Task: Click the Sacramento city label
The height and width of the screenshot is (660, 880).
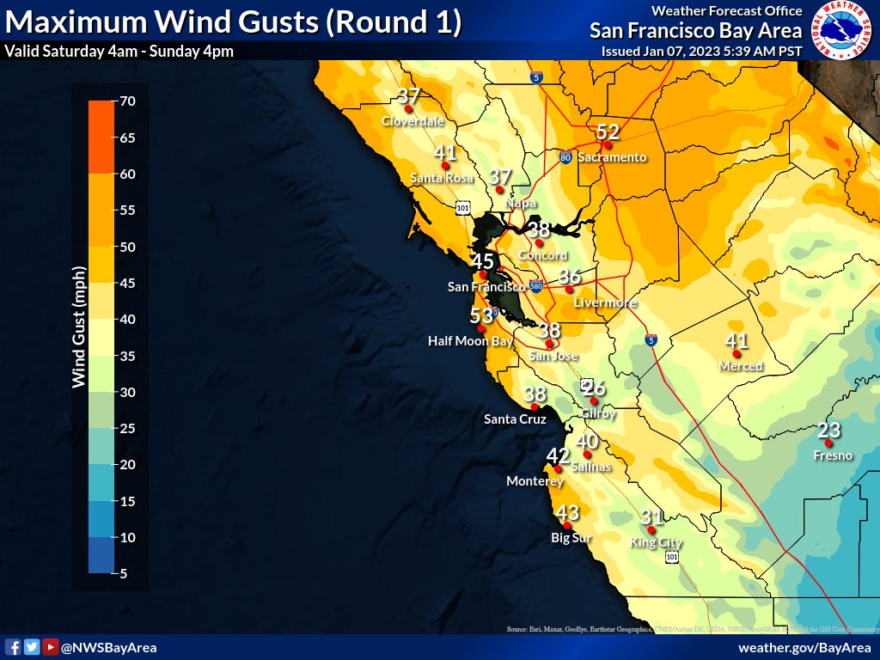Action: (x=612, y=157)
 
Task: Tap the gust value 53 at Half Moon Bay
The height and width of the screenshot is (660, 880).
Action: (x=481, y=315)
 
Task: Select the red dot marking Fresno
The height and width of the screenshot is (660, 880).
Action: (x=828, y=443)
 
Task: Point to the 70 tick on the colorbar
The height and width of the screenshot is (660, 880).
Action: (x=129, y=101)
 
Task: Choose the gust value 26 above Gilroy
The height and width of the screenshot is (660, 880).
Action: (x=594, y=388)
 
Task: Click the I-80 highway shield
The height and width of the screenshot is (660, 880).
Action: (x=565, y=157)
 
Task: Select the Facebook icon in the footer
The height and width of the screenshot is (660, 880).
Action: (x=13, y=647)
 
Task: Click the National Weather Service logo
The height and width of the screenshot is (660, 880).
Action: (x=842, y=30)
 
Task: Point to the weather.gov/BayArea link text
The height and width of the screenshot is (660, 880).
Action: (x=804, y=647)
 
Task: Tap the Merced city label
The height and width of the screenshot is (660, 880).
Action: (x=741, y=366)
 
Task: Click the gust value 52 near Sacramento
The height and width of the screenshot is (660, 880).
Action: (x=608, y=131)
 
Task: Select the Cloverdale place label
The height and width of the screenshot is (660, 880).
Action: (x=412, y=121)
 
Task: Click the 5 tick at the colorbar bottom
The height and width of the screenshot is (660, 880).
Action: (x=124, y=573)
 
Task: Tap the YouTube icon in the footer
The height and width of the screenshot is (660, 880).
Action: (x=51, y=647)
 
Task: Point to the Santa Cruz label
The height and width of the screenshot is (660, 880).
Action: (x=515, y=419)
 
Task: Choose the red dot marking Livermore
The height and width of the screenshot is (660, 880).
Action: (x=569, y=290)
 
